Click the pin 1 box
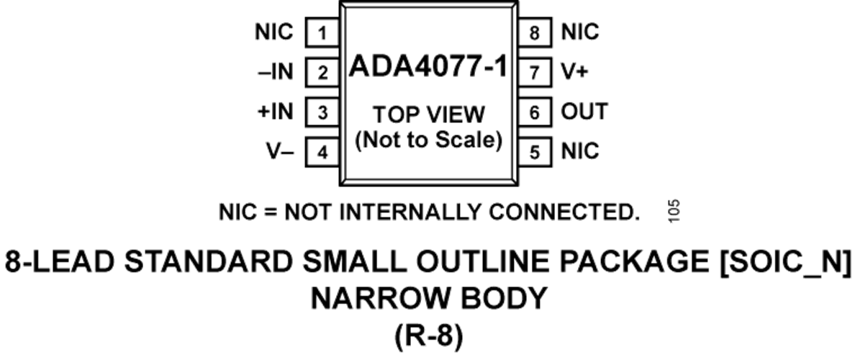tap(322, 32)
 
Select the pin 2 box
tap(322, 73)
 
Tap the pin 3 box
tap(322, 112)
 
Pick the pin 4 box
tap(322, 152)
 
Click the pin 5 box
tap(534, 152)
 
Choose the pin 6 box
tap(534, 112)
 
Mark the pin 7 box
tap(534, 73)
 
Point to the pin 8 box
tap(534, 32)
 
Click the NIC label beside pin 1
tap(273, 32)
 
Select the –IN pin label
tap(276, 72)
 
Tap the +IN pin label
tap(276, 112)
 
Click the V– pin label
tap(280, 151)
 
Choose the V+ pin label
tap(575, 72)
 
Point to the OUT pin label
tap(584, 112)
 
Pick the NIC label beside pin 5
tap(580, 151)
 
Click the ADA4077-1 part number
tap(429, 66)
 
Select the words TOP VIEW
tap(429, 115)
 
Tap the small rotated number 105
tap(674, 211)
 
